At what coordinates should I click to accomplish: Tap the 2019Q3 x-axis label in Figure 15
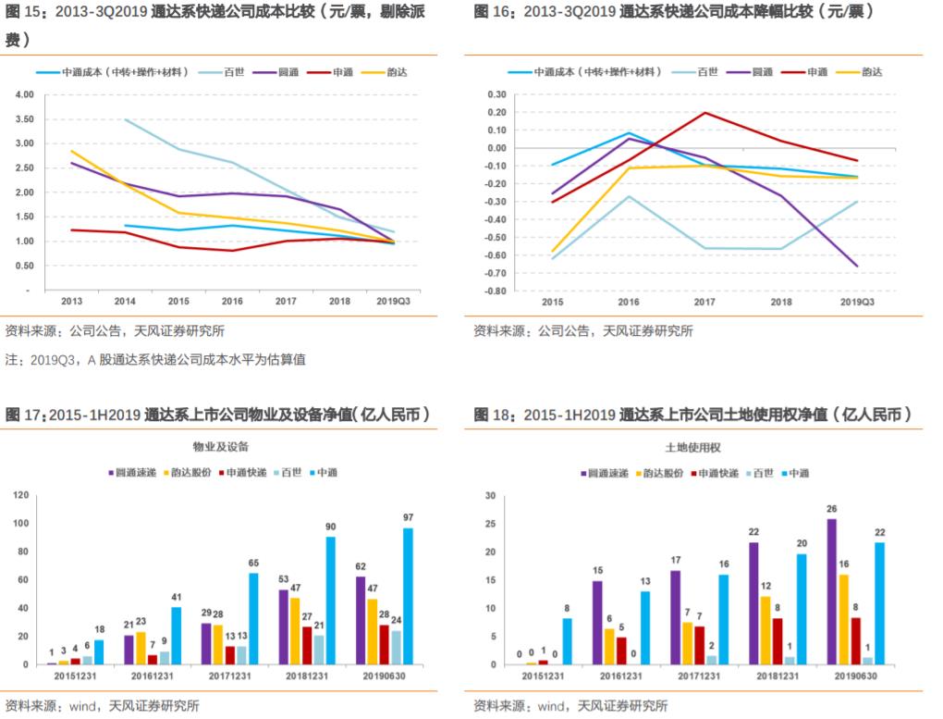396,301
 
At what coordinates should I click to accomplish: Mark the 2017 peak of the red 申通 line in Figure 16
704,113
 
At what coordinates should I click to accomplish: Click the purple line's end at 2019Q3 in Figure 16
857,267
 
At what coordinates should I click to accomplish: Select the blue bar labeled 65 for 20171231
252,618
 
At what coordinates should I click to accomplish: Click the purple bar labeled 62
361,620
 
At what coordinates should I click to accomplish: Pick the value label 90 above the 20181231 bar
330,527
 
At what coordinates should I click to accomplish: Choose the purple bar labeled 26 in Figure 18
832,591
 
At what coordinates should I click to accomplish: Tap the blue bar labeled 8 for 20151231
567,641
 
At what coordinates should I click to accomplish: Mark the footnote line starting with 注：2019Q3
155,359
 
